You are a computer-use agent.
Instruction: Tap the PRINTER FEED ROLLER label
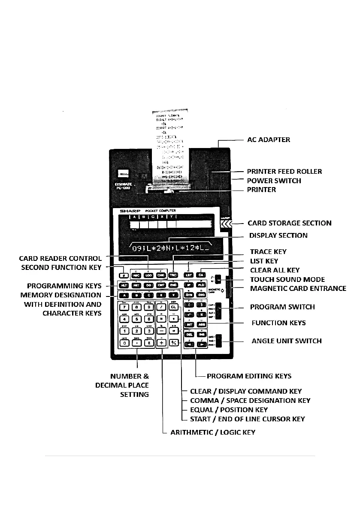point(284,172)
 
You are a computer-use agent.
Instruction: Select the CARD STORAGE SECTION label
point(290,223)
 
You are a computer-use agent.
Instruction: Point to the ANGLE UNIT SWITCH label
point(286,342)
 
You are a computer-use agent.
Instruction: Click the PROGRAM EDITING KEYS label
point(249,376)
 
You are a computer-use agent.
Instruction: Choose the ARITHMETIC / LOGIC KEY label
point(213,432)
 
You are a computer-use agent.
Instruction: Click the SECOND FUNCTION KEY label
point(61,268)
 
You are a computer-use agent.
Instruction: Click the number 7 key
point(124,307)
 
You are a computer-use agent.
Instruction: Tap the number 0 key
point(124,343)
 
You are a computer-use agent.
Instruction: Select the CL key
point(174,307)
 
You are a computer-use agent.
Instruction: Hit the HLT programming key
point(124,285)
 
